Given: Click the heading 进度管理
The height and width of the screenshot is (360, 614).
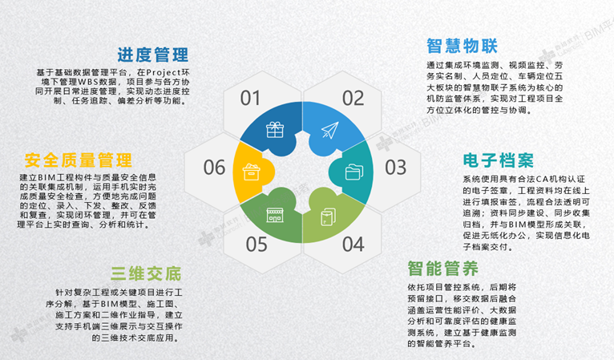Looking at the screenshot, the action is (x=153, y=55).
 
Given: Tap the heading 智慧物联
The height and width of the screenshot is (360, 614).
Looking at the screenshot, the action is (x=462, y=46).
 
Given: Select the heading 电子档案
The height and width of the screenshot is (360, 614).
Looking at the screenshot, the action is (x=499, y=160).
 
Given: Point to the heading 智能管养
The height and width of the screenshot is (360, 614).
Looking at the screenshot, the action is (x=443, y=269).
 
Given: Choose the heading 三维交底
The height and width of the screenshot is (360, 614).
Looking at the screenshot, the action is (x=146, y=274).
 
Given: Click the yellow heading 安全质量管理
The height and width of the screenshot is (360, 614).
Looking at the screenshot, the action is (x=79, y=160).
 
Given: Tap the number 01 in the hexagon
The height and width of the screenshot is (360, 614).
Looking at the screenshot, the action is (x=250, y=98).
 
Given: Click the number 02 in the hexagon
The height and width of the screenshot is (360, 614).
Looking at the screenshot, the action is (x=353, y=98).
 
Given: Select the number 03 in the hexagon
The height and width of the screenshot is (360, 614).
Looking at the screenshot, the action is (x=395, y=168).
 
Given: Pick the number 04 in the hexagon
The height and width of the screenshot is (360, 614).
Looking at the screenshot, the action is (x=353, y=244).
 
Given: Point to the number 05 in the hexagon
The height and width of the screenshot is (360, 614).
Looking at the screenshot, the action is (x=257, y=244).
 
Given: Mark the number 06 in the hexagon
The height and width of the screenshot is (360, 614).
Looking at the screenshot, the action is (x=214, y=168).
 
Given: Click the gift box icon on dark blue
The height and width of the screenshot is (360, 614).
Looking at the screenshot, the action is (x=275, y=130).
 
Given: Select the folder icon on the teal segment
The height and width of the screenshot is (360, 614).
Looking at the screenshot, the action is (x=354, y=172).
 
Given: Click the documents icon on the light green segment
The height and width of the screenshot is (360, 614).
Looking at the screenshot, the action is (x=328, y=216).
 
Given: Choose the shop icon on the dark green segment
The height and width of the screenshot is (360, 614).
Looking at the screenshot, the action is (x=275, y=215).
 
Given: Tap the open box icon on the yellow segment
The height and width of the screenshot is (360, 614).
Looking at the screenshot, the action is (x=251, y=172).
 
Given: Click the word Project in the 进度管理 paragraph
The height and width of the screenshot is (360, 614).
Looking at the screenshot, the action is (x=164, y=72).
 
